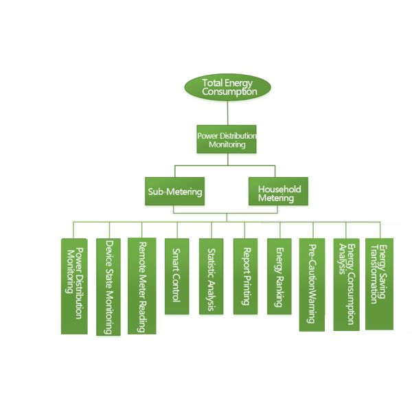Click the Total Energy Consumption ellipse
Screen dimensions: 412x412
pyautogui.click(x=227, y=87)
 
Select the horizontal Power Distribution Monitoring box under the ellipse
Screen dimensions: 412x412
pyautogui.click(x=227, y=140)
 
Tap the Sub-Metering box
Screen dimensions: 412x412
pyautogui.click(x=175, y=192)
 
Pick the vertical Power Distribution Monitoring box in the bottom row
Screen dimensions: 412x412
pyautogui.click(x=74, y=286)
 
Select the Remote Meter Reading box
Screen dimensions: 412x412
pyautogui.click(x=142, y=286)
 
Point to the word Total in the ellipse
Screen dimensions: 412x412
pyautogui.click(x=212, y=83)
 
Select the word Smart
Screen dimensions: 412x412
pyautogui.click(x=176, y=257)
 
